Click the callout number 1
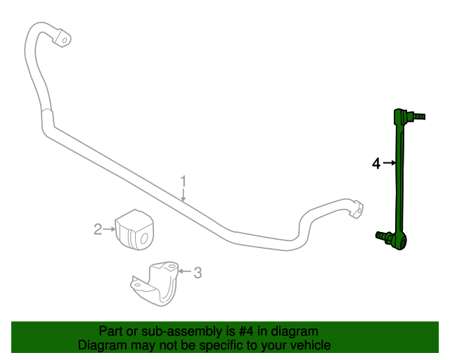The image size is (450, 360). [184, 181]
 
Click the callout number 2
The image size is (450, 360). [98, 228]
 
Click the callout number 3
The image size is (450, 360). [198, 272]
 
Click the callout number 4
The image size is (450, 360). [376, 163]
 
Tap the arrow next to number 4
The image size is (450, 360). [390, 163]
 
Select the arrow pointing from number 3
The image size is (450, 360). [185, 271]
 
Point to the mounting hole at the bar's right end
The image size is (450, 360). [359, 209]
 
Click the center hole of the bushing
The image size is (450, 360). [143, 238]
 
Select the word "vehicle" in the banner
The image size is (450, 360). [309, 345]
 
